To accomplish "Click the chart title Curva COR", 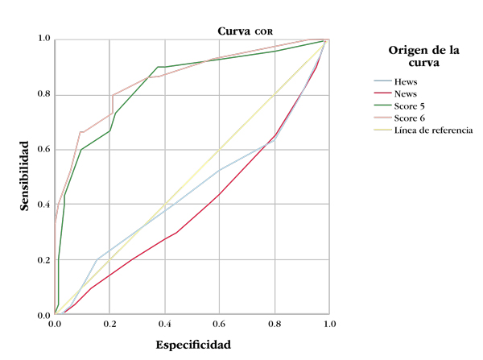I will pos(246,31).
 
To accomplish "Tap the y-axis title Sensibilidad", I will pos(26,176).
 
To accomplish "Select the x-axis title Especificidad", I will pos(192,345).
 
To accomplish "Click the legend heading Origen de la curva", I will pos(424,56).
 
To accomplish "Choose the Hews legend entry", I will pos(406,81).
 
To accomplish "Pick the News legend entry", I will pos(407,93).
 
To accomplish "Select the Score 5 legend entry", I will pos(411,106).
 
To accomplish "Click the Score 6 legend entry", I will pos(411,118).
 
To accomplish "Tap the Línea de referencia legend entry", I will pos(433,130).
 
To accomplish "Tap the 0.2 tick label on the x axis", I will pos(109,324).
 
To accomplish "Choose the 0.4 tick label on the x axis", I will pos(164,324).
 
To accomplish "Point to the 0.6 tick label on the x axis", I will pos(220,324).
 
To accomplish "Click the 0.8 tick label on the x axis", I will pos(275,324).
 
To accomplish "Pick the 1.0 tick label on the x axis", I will pos(329,324).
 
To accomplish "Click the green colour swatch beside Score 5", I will pos(382,106).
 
